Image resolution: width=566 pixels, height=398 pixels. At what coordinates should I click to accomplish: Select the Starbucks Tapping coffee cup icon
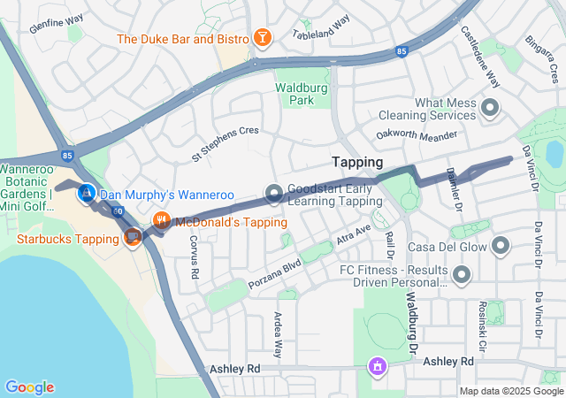click(x=133, y=237)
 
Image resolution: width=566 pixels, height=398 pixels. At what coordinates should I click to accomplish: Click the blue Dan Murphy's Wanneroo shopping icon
click(x=87, y=192)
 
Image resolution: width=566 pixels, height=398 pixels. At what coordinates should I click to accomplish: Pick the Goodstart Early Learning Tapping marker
click(x=274, y=193)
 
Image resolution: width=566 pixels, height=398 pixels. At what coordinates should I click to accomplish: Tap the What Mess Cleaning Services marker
click(x=490, y=110)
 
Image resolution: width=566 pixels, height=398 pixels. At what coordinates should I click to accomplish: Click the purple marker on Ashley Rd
click(x=378, y=365)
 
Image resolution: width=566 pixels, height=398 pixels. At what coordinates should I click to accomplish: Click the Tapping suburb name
click(x=357, y=163)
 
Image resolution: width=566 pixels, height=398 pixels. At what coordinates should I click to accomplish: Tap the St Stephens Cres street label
click(x=226, y=143)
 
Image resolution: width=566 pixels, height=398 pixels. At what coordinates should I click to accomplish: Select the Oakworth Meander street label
click(x=418, y=136)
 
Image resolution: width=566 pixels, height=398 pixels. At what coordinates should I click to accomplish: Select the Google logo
click(x=29, y=387)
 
